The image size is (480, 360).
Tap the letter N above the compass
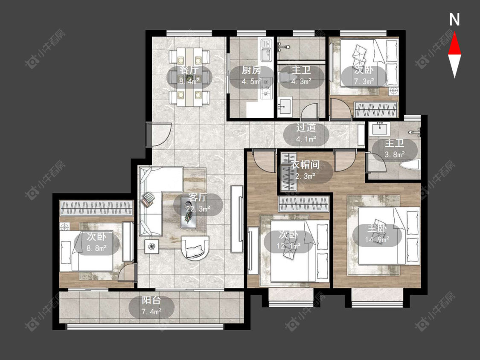454,20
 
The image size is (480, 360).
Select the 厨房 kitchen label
252,70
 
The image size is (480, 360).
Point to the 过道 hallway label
306,128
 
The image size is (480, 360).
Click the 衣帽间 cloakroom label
305,165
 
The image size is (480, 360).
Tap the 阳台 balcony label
151,300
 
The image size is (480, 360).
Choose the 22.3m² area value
198,209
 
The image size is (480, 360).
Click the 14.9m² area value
377,239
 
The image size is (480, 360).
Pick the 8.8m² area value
96,248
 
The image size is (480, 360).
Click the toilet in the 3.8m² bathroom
409,165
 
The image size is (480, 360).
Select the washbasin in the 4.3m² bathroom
285,106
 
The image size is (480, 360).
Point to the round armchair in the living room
195,248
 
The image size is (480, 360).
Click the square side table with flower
152,246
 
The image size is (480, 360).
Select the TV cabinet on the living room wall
237,218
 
